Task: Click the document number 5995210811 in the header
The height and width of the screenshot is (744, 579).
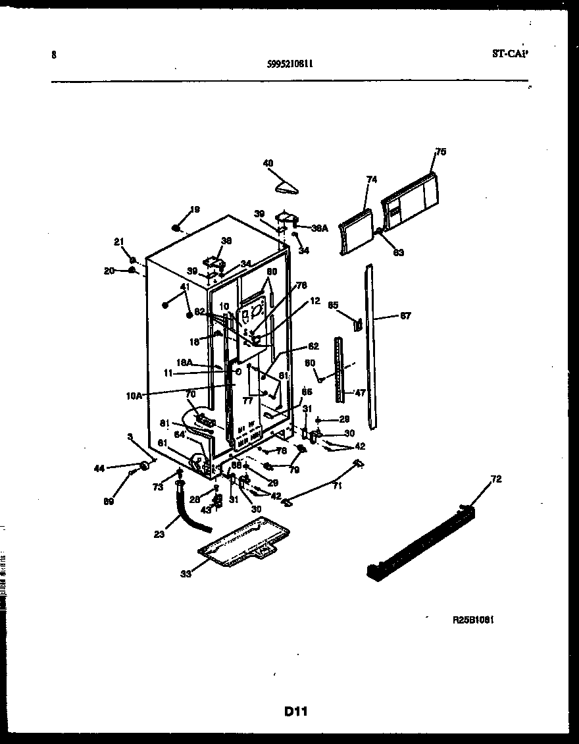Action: (290, 64)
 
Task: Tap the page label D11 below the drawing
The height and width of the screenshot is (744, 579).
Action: (296, 711)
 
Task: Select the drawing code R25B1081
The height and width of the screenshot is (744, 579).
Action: (473, 620)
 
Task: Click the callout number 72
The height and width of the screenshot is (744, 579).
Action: (495, 479)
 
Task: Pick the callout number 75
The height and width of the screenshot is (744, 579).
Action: (440, 152)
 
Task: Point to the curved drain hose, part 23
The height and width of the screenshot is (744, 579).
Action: (191, 514)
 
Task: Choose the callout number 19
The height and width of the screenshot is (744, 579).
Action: (194, 209)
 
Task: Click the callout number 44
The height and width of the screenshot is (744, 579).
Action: (99, 468)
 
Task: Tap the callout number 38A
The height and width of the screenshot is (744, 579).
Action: (319, 228)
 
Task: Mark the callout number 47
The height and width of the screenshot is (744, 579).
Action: (360, 392)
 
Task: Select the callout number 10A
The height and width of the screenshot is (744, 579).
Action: (134, 395)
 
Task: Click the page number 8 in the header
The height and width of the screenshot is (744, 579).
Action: (53, 55)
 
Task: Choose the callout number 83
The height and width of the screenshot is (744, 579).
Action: (399, 252)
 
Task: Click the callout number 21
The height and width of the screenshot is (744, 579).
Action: (119, 242)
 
